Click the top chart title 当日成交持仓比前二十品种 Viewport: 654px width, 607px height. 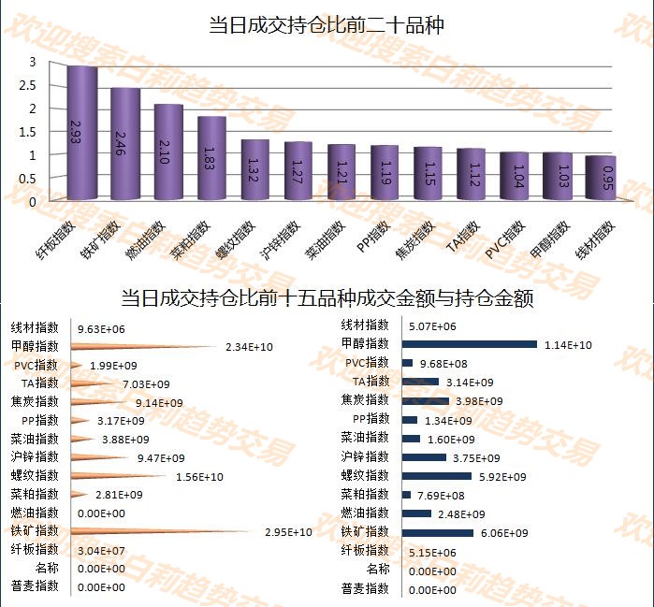[326, 25]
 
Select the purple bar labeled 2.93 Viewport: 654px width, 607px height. [82, 133]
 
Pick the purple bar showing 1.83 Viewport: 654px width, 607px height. [212, 157]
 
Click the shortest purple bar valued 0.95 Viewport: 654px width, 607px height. [601, 178]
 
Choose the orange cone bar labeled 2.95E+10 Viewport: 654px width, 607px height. [159, 532]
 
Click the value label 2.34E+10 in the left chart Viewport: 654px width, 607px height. [249, 347]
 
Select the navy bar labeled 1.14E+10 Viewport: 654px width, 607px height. [469, 344]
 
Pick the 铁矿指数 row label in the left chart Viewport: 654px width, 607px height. [35, 531]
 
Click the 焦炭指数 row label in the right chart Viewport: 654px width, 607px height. [365, 400]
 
